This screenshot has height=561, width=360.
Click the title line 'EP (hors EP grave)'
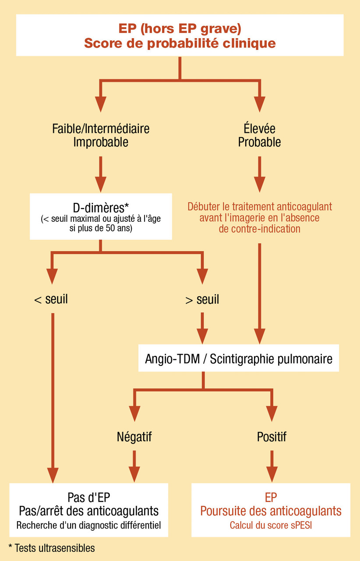[x=180, y=28]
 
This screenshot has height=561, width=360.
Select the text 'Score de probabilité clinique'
[x=180, y=43]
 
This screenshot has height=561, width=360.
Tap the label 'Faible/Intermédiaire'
[x=101, y=129]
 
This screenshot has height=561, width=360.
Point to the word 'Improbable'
[x=101, y=142]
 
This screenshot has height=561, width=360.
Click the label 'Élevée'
[x=260, y=129]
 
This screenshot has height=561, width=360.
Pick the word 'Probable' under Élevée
[x=260, y=142]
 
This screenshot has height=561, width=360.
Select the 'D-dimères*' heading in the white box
[x=101, y=206]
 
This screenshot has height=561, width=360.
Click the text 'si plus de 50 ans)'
[x=101, y=229]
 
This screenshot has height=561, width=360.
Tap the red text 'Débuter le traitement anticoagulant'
[x=260, y=206]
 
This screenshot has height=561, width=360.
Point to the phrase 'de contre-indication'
[x=260, y=229]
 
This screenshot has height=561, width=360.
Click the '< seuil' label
[x=51, y=300]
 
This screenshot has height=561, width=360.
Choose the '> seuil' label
[x=202, y=300]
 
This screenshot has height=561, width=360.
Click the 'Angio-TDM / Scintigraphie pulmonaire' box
[x=239, y=359]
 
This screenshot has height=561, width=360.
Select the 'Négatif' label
[x=134, y=437]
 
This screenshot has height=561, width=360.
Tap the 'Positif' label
[x=272, y=437]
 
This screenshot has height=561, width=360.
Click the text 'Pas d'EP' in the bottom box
[x=89, y=497]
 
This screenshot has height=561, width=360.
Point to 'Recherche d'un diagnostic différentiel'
[x=89, y=525]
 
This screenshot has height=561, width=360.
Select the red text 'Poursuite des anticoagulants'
[x=271, y=511]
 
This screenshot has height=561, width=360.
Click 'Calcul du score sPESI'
[x=271, y=525]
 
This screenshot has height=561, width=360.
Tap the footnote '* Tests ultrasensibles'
[x=51, y=548]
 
